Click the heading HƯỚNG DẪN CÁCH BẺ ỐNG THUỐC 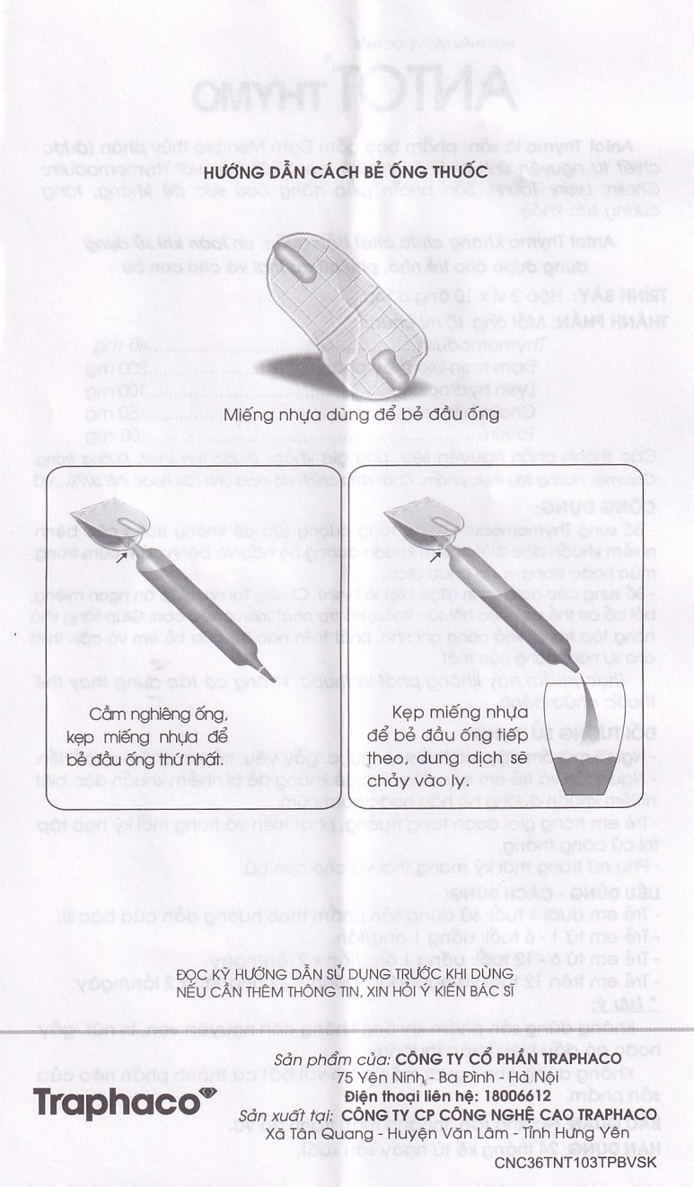[346, 171]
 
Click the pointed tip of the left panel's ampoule [270, 675]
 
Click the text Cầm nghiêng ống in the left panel [161, 715]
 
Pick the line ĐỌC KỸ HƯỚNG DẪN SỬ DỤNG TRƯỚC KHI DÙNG [345, 974]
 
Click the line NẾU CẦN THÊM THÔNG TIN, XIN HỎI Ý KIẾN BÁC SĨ [345, 990]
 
